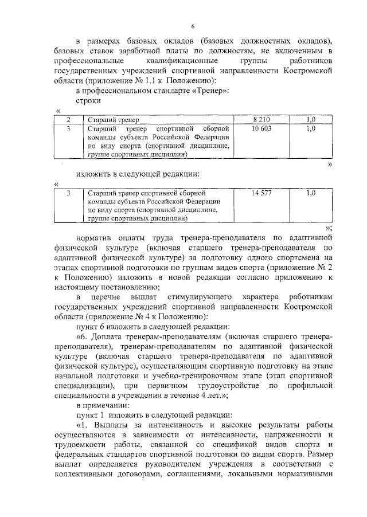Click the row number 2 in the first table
pyautogui.click(x=68, y=119)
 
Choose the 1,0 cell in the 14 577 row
pyautogui.click(x=311, y=193)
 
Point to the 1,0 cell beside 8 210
pyautogui.click(x=311, y=119)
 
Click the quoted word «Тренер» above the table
pyautogui.click(x=212, y=91)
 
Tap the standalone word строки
pyautogui.click(x=88, y=101)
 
